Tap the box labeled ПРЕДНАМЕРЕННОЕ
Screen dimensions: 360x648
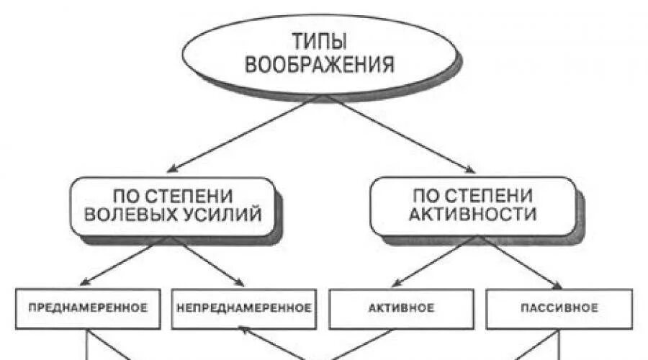click(x=88, y=308)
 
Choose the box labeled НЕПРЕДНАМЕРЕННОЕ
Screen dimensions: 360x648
click(x=243, y=308)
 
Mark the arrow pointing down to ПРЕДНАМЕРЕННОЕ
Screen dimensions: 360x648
click(x=115, y=261)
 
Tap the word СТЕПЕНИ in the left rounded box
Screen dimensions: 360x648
click(x=186, y=195)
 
